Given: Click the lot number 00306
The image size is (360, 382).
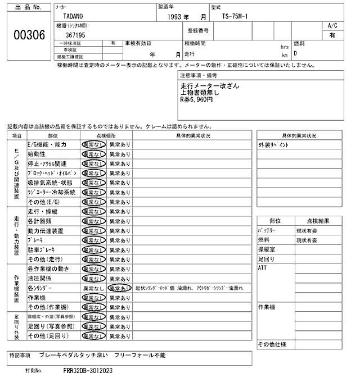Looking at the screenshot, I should [29, 35].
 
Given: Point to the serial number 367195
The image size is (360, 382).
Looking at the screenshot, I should [75, 35].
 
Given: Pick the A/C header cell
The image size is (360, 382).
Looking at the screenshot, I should [332, 26].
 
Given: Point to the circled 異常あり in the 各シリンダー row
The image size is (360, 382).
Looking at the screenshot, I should [119, 288].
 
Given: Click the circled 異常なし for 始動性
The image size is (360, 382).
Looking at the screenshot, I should [93, 154].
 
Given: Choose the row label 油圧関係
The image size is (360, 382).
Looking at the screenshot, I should [40, 278].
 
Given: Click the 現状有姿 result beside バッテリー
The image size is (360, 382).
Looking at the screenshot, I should [307, 231].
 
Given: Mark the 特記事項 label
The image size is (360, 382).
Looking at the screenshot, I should [21, 356].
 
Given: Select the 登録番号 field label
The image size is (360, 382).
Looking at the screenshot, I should [198, 30].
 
